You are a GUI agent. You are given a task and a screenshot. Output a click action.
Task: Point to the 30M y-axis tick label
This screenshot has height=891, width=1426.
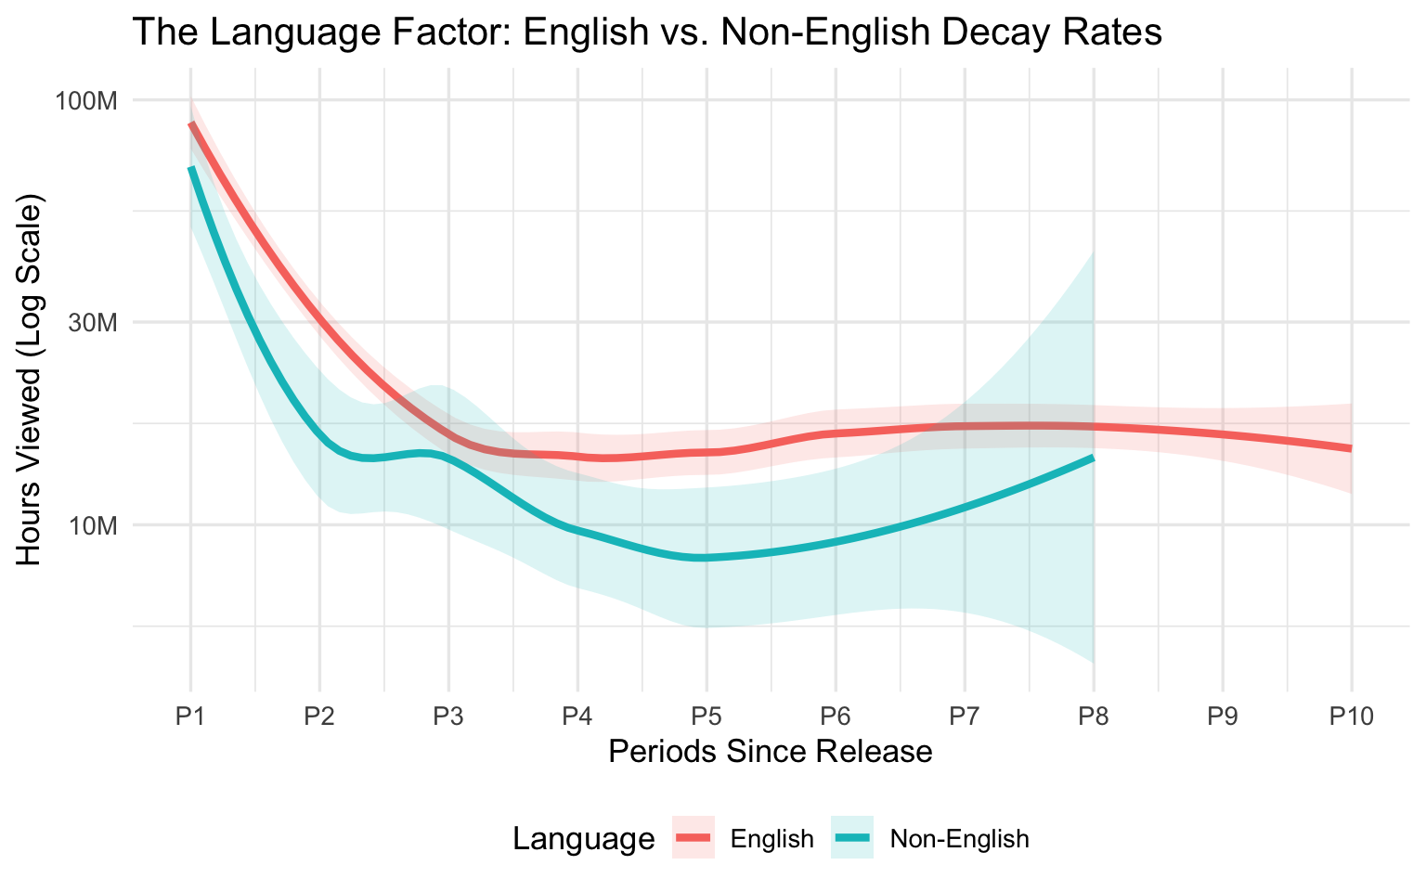pos(93,323)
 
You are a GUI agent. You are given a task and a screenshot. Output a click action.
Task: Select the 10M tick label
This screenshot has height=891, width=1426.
pos(93,525)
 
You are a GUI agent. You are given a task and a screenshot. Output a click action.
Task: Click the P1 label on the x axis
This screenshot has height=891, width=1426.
pos(190,716)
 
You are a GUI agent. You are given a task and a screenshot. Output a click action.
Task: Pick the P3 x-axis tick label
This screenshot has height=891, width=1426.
pos(448,716)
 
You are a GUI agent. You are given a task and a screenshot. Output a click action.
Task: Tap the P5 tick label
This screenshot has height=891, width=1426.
pos(707,716)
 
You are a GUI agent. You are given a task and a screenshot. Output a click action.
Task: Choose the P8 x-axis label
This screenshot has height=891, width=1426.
pos(1093,716)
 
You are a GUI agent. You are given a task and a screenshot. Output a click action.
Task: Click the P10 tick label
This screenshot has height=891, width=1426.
pos(1351,716)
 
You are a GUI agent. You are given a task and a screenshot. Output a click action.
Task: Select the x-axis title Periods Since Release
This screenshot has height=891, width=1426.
pos(770,751)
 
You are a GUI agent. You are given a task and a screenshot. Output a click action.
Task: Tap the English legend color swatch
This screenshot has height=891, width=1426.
pos(694,839)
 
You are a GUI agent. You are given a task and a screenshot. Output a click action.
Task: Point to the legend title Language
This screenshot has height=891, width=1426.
pos(583,839)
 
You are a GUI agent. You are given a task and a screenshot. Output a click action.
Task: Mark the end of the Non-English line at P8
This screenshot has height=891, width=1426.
pos(1093,458)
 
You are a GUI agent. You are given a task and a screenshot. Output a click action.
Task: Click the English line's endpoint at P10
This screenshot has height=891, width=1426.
pos(1351,448)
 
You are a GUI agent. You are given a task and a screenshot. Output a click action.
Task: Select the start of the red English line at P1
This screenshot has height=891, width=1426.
pos(191,123)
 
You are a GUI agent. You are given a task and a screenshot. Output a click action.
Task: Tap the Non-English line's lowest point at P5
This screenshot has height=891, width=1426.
pos(707,558)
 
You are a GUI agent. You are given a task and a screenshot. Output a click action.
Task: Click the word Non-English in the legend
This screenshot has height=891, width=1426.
pos(959,839)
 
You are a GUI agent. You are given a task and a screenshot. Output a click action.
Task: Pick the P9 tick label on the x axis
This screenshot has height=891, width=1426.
pos(1222,716)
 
